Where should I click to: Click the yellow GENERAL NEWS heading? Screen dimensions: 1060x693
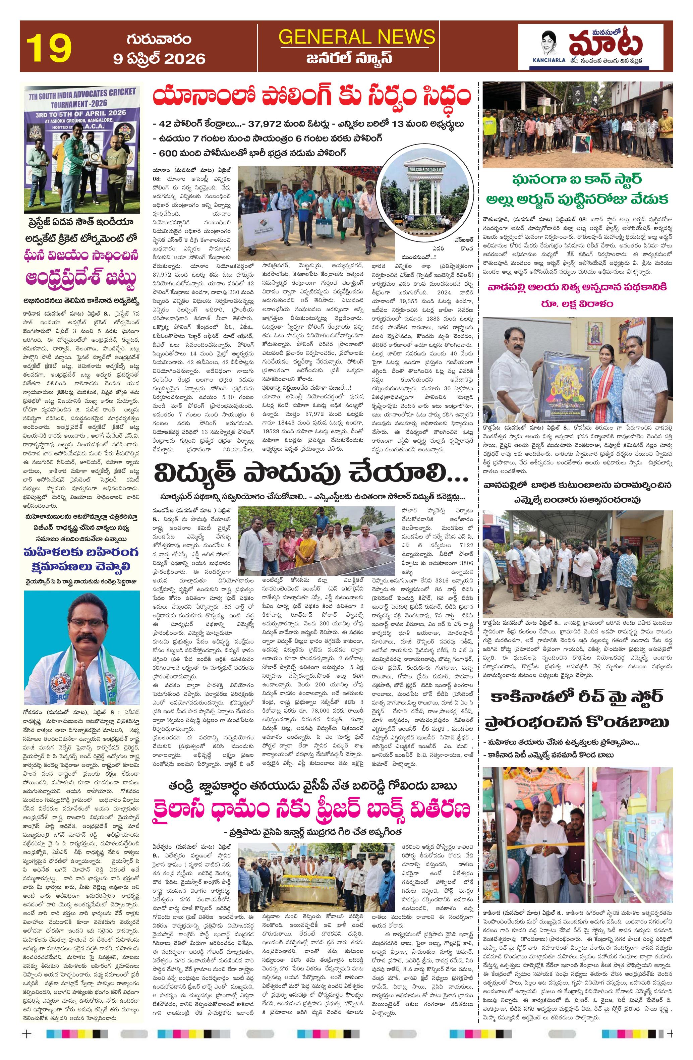coord(356,37)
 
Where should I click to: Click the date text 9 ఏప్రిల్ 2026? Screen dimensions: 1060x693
coord(160,59)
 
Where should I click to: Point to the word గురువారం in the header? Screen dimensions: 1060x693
coord(159,39)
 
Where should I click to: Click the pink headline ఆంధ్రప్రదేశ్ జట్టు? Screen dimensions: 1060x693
coord(81,280)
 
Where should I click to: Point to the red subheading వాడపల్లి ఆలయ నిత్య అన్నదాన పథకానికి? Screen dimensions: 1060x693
coord(578,287)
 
